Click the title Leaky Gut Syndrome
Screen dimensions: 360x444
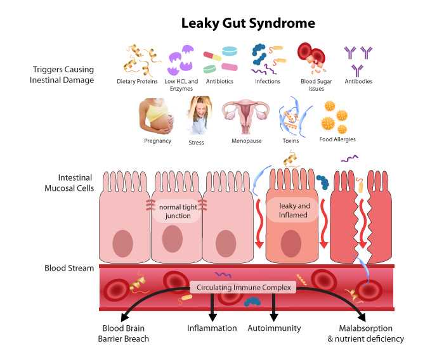pos(248,23)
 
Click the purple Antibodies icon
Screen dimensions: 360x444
pos(358,59)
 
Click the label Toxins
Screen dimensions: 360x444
pos(291,141)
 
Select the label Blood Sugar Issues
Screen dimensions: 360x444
pos(316,85)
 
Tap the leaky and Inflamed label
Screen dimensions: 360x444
pos(293,210)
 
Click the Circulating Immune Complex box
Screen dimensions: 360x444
pos(242,288)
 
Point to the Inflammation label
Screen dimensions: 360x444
pos(212,328)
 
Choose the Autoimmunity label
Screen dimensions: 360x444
pos(273,328)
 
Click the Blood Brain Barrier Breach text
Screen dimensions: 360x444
pos(126,333)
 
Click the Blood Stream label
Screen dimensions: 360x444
pos(69,268)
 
